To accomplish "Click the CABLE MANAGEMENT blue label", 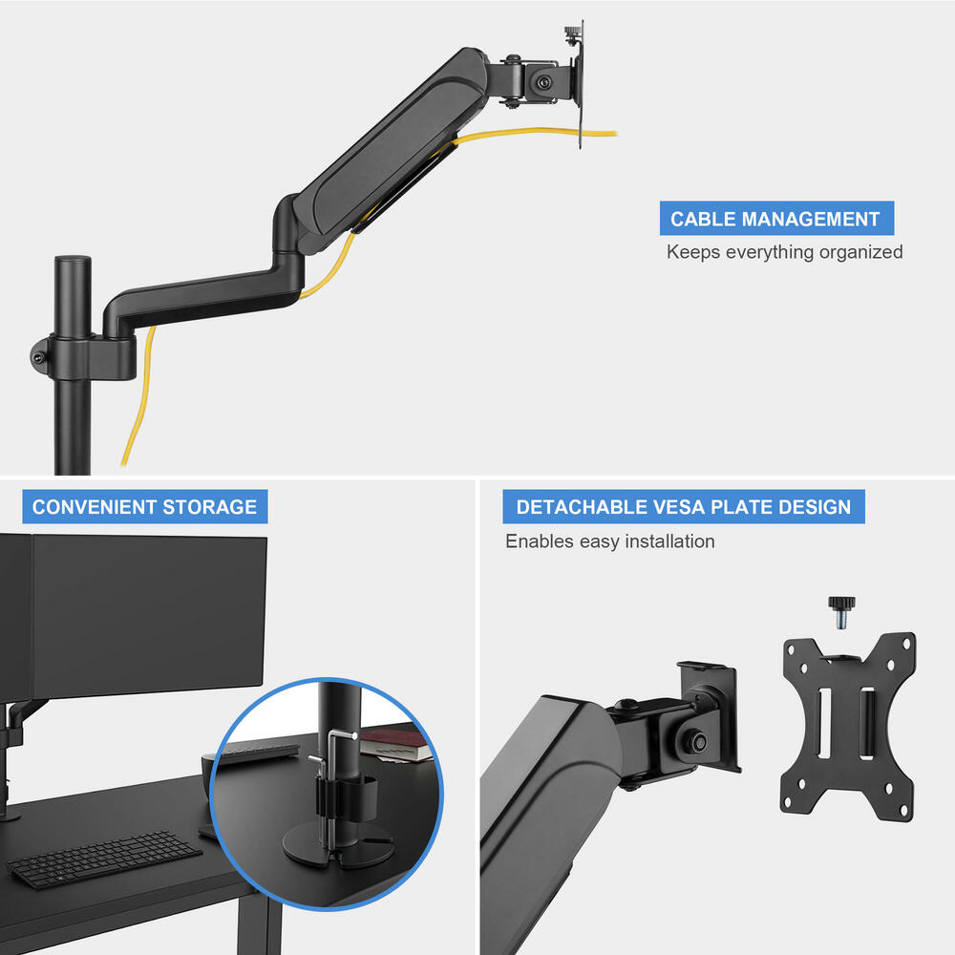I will (x=775, y=219).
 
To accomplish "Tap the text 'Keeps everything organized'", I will (x=784, y=252).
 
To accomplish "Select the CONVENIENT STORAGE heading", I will (x=144, y=506).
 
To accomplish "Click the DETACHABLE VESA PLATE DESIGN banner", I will (x=683, y=506).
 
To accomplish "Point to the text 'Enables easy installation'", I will (x=609, y=541).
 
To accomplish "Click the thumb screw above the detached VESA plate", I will (x=840, y=609).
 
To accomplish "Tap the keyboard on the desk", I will (x=105, y=858).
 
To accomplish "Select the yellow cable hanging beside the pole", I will (x=134, y=401).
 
